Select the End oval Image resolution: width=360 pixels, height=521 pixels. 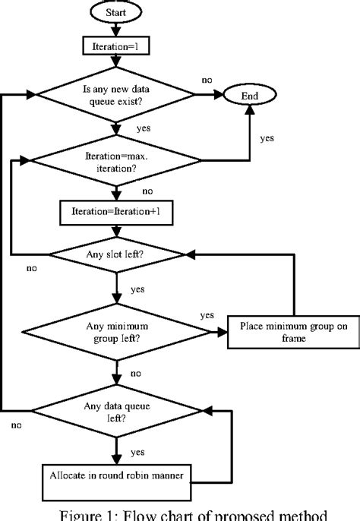[250, 96]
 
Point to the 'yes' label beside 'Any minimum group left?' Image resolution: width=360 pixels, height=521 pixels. [206, 314]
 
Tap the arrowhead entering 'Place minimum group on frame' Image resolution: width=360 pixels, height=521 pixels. [223, 332]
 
